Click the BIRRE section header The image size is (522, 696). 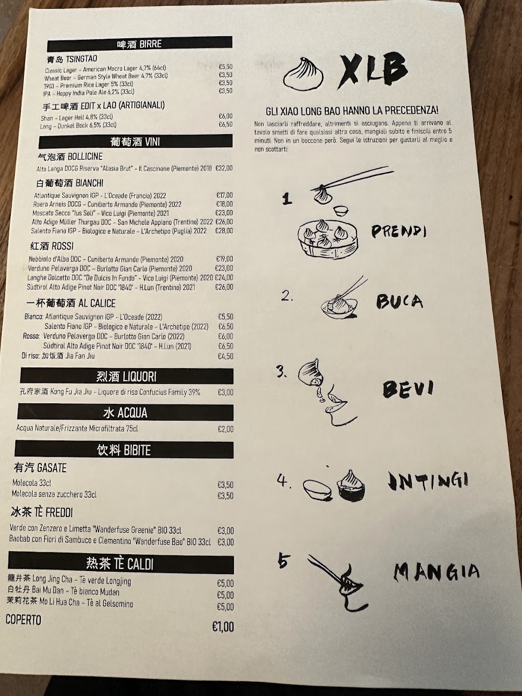coord(140,44)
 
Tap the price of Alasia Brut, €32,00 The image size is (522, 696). coord(224,168)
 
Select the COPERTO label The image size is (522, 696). coord(23,620)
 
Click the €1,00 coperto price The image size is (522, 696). coord(223,627)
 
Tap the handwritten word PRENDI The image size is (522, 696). coord(399,232)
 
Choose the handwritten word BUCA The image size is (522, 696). coord(399,301)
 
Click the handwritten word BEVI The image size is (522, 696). coord(408,389)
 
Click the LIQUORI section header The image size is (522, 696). coord(126,376)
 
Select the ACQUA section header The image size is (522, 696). coord(125,413)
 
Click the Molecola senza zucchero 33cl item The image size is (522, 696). coord(54,494)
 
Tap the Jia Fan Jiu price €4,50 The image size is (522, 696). coord(225,356)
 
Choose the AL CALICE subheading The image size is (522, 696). coord(71,303)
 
